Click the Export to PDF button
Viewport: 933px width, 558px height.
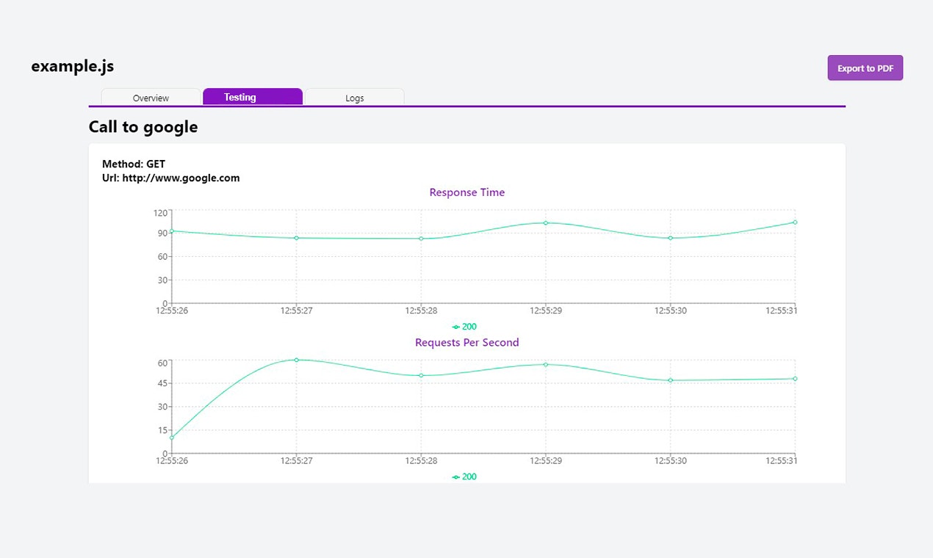(x=865, y=68)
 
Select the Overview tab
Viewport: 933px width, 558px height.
(x=151, y=98)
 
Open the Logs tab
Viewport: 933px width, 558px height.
(x=354, y=98)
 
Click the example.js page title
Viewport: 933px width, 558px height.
(x=72, y=66)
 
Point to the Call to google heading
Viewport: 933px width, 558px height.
(x=143, y=127)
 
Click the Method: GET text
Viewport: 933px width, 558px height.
(x=134, y=164)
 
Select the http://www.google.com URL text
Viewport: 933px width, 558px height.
(x=181, y=178)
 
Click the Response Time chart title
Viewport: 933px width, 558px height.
(x=467, y=192)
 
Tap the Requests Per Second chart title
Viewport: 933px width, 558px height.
(x=467, y=342)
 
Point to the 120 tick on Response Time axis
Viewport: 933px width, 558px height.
(x=160, y=213)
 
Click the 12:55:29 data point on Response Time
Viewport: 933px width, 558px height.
(x=546, y=222)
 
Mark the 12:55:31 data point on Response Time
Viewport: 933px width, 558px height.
(x=795, y=222)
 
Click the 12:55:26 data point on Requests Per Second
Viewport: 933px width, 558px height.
(x=172, y=438)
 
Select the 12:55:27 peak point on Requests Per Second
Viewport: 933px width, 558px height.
(x=296, y=360)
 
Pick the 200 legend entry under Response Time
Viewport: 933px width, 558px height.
(x=465, y=327)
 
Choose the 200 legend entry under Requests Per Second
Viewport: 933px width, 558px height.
(x=465, y=477)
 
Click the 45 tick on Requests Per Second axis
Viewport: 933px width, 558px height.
(x=162, y=383)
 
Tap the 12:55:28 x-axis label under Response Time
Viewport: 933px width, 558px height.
(x=421, y=311)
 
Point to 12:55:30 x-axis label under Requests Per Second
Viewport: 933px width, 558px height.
(x=670, y=460)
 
